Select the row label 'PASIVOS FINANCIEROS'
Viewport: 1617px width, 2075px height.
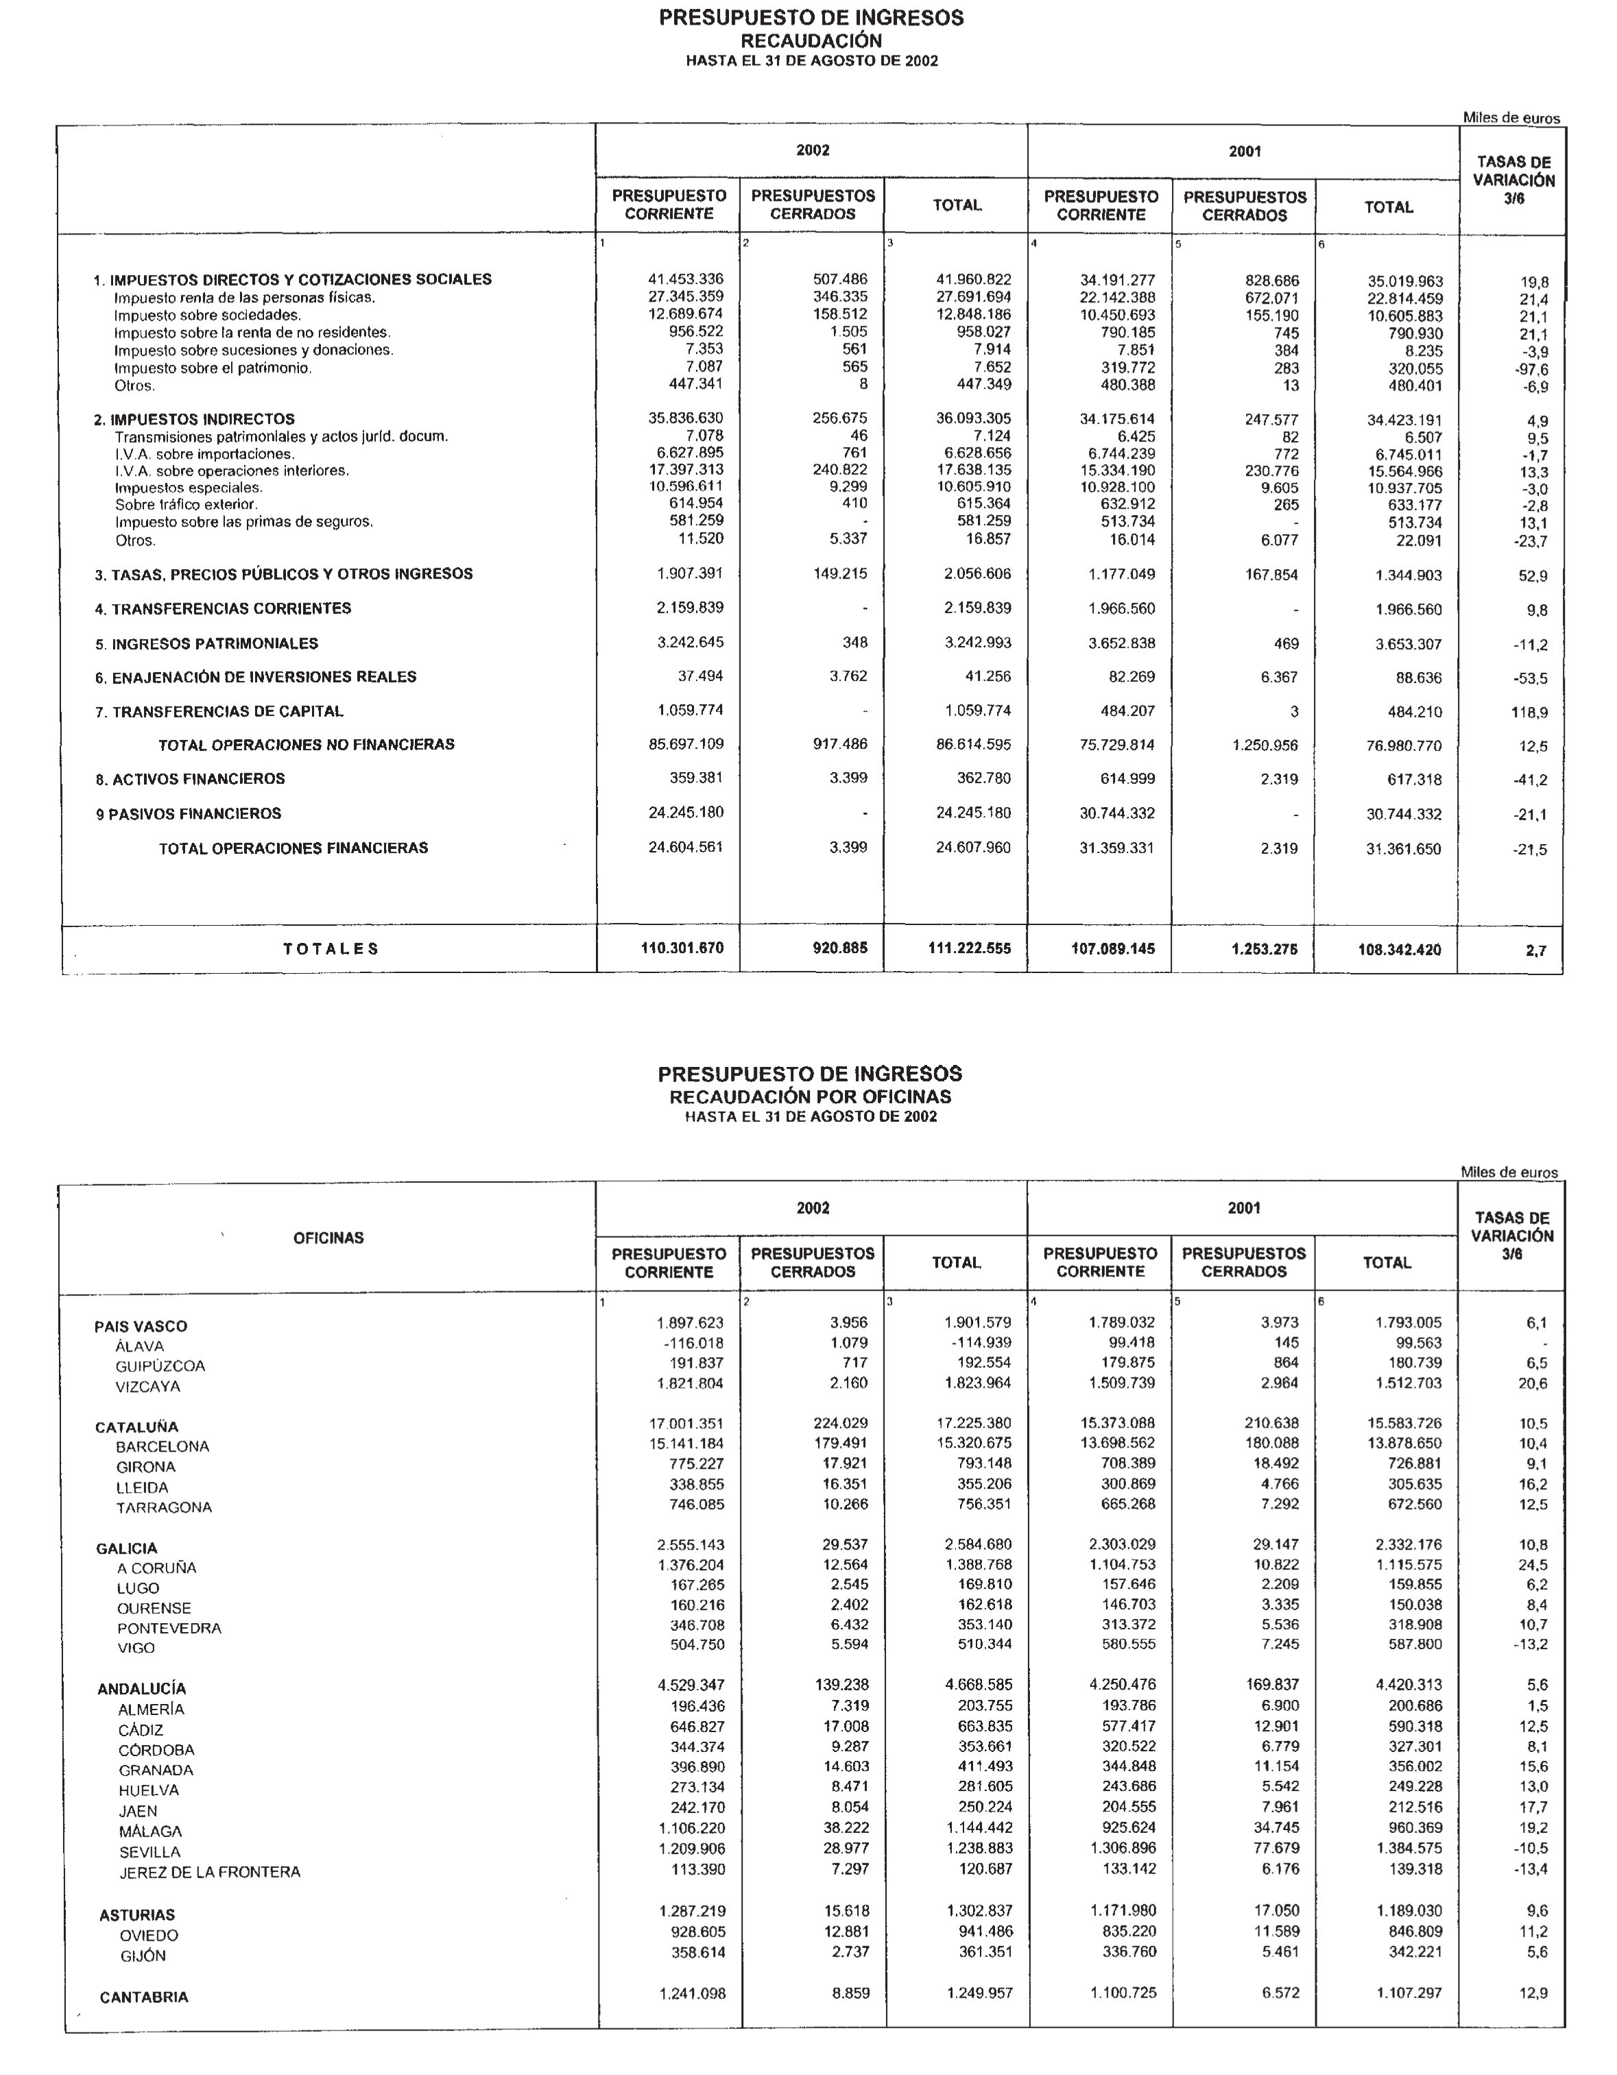pyautogui.click(x=194, y=813)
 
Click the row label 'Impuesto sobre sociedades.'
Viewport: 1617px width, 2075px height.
pyautogui.click(x=207, y=315)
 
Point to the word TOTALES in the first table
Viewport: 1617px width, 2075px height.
pyautogui.click(x=331, y=948)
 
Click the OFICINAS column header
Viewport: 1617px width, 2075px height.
pyautogui.click(x=328, y=1238)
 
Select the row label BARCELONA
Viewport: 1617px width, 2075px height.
pyautogui.click(x=163, y=1446)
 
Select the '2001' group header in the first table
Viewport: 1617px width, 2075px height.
pyautogui.click(x=1244, y=151)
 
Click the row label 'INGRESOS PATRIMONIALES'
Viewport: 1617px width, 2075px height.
pyautogui.click(x=215, y=643)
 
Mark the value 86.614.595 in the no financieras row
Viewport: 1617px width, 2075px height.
pyautogui.click(x=973, y=745)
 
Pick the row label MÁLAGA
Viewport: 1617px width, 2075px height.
pyautogui.click(x=150, y=1831)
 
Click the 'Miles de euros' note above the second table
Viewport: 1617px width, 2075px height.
pyautogui.click(x=1509, y=1173)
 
